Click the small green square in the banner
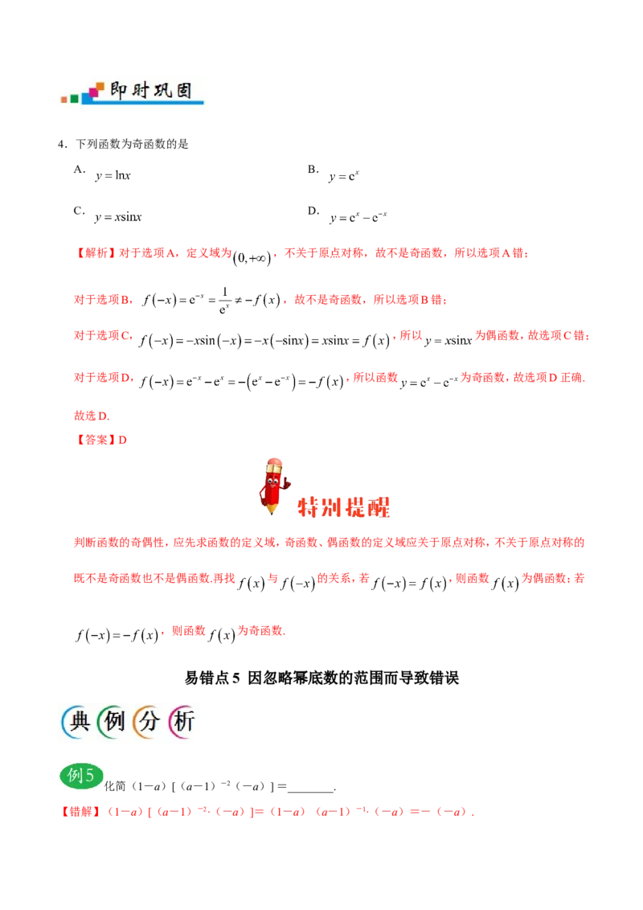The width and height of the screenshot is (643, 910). pyautogui.click(x=75, y=99)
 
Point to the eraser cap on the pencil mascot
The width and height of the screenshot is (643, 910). pyautogui.click(x=273, y=464)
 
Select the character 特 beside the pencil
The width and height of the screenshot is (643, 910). pyautogui.click(x=309, y=507)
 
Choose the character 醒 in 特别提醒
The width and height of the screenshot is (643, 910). pyautogui.click(x=378, y=507)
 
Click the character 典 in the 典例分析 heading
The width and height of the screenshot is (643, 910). pyautogui.click(x=78, y=723)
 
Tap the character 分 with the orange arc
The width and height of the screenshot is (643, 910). pyautogui.click(x=149, y=723)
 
